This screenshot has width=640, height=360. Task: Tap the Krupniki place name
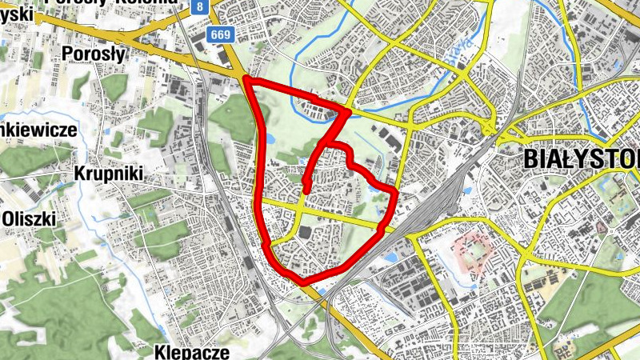pyautogui.click(x=107, y=173)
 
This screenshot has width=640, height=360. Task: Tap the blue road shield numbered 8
pyautogui.click(x=199, y=6)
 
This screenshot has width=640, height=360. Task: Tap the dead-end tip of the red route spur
pyautogui.click(x=306, y=189)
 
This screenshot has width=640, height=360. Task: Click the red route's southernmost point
pyautogui.click(x=303, y=281)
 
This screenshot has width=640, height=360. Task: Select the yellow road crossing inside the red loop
pyautogui.click(x=298, y=206)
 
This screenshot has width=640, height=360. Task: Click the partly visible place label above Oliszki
pyautogui.click(x=38, y=129)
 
